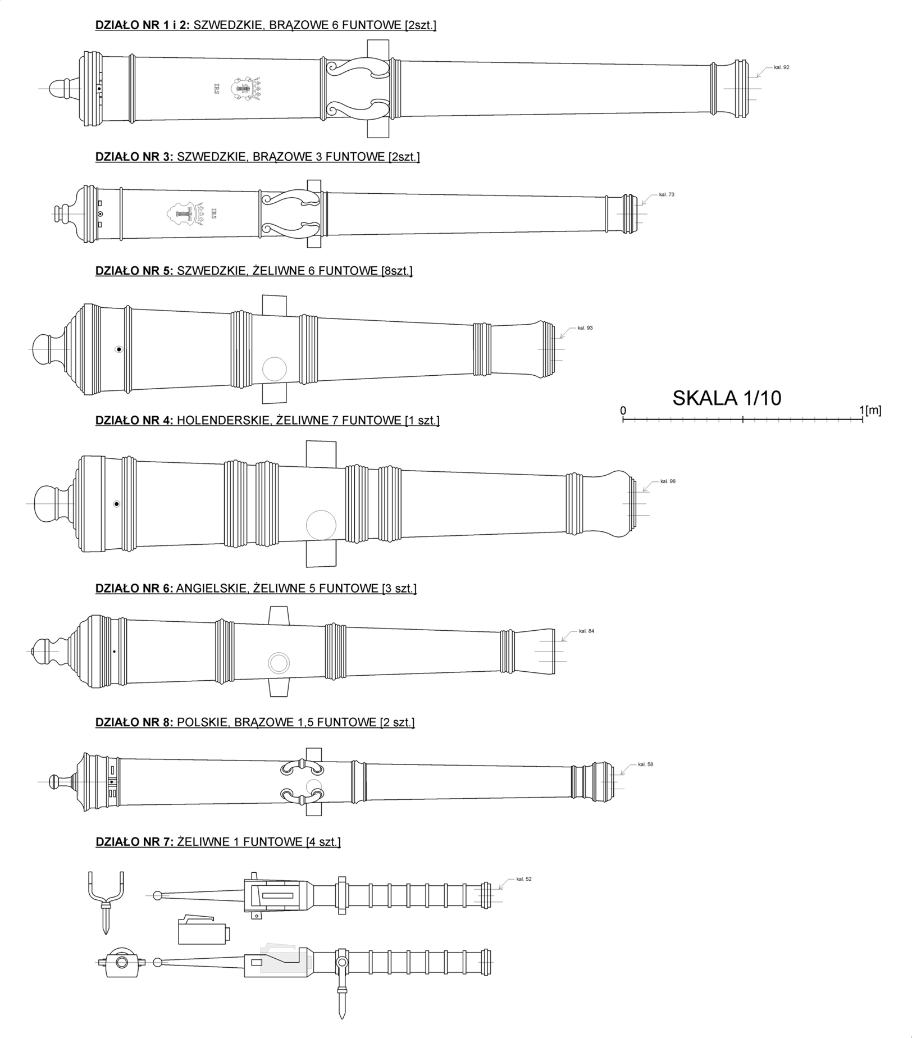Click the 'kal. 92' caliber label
(781, 67)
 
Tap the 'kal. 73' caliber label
(667, 194)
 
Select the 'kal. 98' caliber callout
(668, 481)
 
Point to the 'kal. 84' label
(586, 631)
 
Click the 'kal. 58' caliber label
(645, 764)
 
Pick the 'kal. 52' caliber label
(523, 879)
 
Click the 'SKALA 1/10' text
(727, 398)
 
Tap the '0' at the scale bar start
(623, 411)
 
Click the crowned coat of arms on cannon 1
(247, 89)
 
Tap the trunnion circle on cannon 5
(275, 369)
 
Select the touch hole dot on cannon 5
(118, 349)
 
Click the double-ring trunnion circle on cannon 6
(279, 663)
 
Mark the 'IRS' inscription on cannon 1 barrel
(216, 89)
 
